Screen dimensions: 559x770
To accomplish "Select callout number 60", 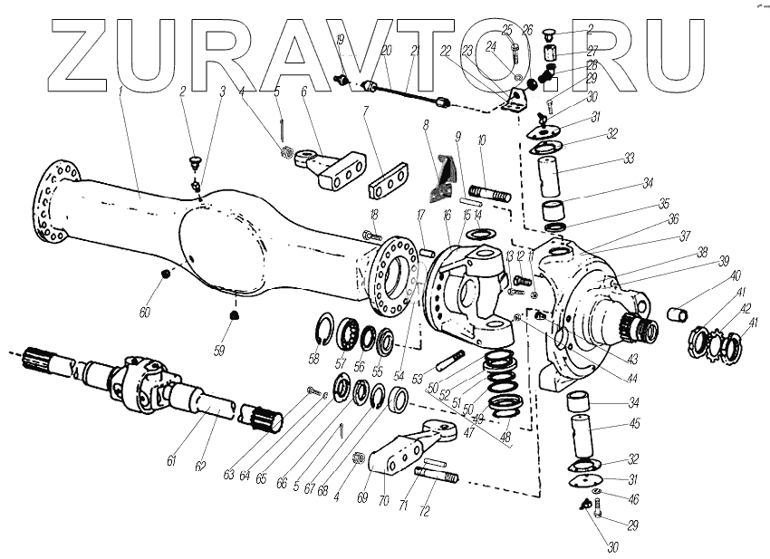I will tap(144, 313).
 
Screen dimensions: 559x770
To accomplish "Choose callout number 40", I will tap(736, 275).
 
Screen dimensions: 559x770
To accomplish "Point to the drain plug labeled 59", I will tap(234, 316).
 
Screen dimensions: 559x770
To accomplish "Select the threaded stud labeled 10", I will tap(489, 193).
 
